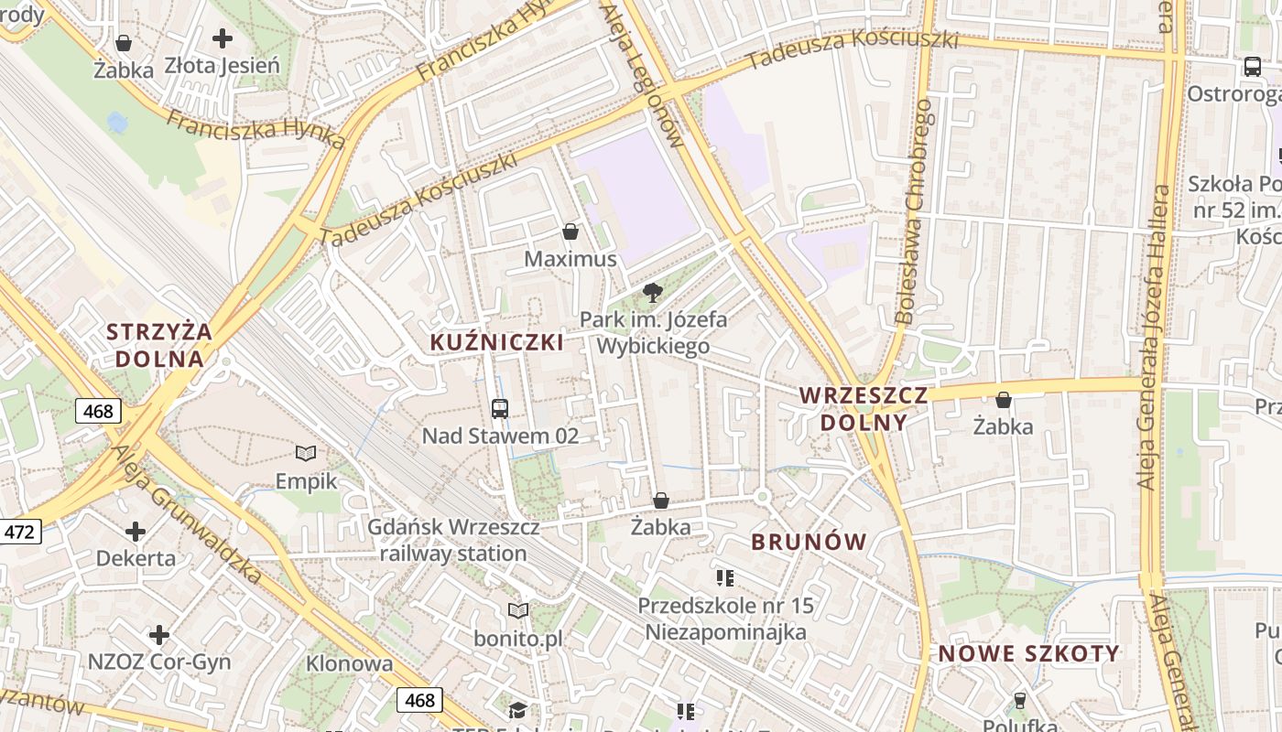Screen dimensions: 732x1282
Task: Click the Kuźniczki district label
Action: [497, 342]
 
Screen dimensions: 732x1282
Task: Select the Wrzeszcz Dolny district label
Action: [864, 409]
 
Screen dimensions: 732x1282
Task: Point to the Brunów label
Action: [809, 542]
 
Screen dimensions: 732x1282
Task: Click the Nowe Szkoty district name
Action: [1028, 653]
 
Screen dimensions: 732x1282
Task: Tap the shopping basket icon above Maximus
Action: [570, 231]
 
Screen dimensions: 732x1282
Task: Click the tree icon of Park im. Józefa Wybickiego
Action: [652, 293]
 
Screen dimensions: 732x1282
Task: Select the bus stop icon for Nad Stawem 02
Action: [500, 408]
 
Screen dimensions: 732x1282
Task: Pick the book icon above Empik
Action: [306, 453]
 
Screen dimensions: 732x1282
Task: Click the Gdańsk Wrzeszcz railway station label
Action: [453, 540]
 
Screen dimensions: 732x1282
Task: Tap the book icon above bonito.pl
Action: [518, 610]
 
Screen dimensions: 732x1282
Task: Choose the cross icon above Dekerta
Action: [136, 532]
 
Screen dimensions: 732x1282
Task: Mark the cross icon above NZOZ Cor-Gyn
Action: [159, 634]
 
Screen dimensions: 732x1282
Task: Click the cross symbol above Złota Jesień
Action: [222, 38]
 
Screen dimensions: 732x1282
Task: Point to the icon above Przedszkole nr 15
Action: [725, 577]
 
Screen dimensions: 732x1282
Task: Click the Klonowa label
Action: [349, 663]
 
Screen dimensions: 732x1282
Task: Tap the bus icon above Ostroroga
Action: [1252, 66]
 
